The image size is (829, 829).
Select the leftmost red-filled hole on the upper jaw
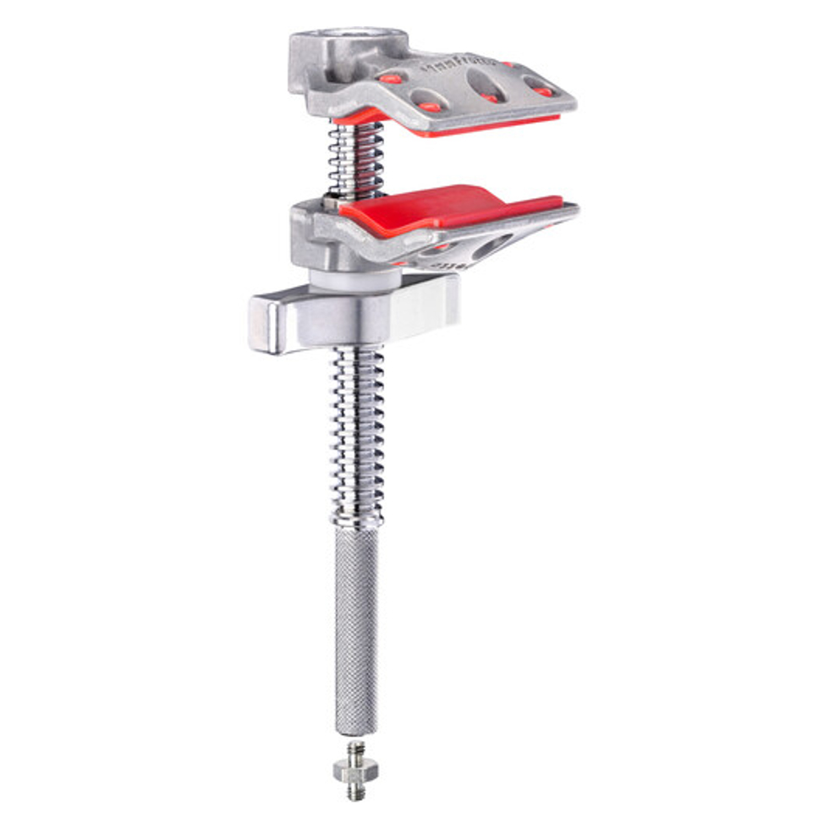coord(390,78)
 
